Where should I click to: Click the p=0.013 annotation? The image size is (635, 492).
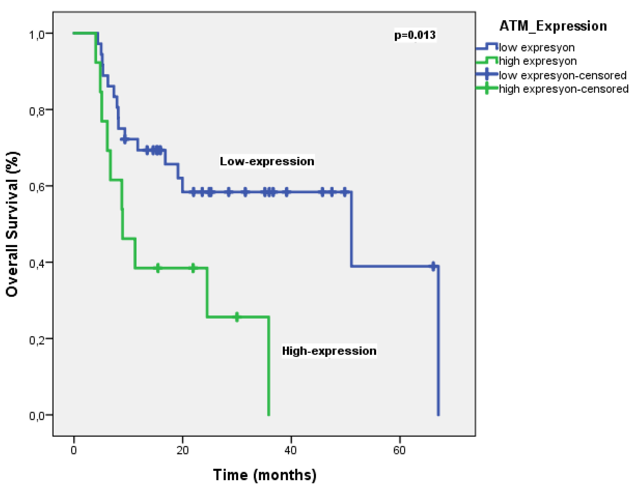pos(415,35)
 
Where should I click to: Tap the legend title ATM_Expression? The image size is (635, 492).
pos(553,26)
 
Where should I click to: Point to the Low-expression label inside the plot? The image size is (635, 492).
pos(267,161)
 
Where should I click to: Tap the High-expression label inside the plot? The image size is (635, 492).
pos(329,351)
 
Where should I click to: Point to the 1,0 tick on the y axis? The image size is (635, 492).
pos(37,35)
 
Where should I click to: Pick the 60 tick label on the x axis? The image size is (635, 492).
pos(399,450)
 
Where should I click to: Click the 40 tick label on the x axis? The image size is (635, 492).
pos(291,450)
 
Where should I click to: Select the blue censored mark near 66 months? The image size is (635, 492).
pos(433,266)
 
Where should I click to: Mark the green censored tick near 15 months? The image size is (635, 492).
pos(158,268)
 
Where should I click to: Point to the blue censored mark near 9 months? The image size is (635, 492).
pos(125,140)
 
